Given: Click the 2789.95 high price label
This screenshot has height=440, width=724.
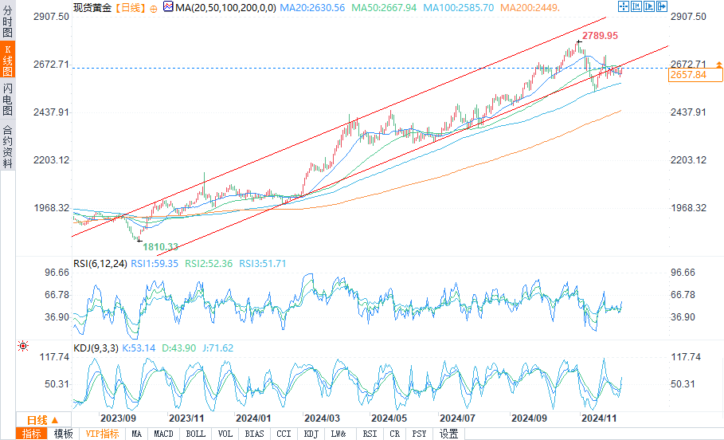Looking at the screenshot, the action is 600,36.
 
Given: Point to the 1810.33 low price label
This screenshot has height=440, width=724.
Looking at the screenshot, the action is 160,247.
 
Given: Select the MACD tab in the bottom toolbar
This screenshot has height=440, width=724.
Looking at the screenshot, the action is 163,434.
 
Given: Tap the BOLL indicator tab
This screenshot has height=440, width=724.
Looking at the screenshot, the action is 195,434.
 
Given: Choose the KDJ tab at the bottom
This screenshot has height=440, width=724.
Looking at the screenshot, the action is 311,434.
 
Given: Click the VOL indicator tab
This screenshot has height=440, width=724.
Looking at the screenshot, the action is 225,434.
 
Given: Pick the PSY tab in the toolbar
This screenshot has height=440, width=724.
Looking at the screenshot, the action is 419,434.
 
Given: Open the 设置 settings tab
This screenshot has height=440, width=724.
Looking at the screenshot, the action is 448,434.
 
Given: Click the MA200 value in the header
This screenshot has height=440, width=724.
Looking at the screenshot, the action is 530,8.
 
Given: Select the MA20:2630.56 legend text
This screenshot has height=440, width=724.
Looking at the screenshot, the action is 312,8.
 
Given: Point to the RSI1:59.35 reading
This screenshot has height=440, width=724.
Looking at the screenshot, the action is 155,264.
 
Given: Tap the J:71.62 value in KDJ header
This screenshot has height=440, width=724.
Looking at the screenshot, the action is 218,348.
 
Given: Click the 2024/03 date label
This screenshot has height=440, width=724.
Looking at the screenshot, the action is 322,418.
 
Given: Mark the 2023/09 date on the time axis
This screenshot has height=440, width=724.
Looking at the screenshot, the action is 118,418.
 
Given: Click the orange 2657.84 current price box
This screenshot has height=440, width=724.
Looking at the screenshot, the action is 695,75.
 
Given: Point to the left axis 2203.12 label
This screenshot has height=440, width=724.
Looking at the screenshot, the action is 51,160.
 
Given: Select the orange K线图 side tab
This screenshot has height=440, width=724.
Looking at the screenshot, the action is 7,59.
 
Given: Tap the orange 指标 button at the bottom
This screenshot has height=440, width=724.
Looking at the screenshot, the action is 31,434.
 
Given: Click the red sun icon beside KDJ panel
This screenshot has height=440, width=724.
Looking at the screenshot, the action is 22,346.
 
